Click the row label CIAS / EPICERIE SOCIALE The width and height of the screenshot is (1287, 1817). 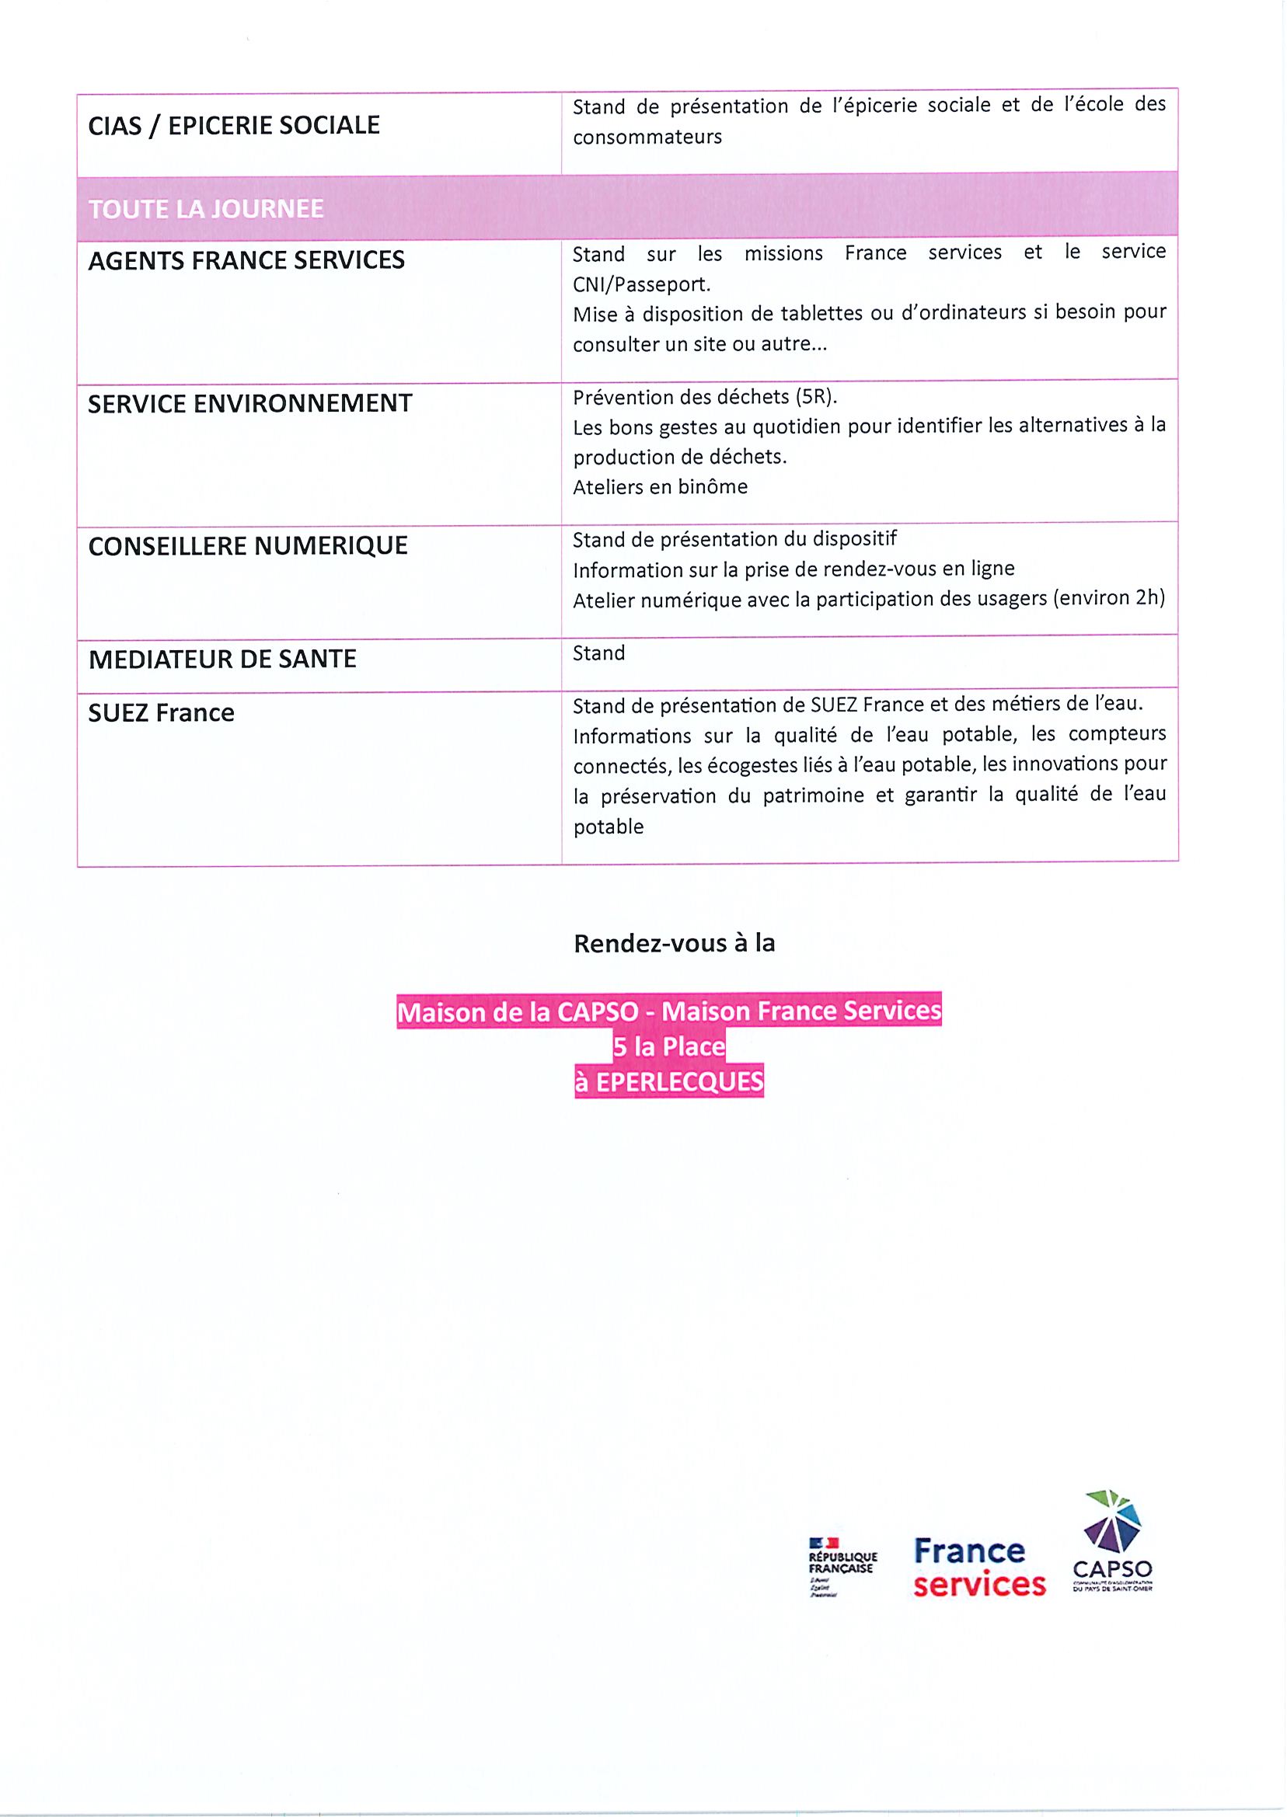point(234,125)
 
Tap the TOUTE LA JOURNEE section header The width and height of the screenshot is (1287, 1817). point(206,209)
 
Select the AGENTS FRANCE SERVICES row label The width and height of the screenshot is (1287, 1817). point(246,260)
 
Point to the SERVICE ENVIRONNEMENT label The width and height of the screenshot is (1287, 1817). point(249,404)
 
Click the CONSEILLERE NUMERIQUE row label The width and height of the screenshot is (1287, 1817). point(247,546)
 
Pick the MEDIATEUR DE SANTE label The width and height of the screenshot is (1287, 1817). point(222,659)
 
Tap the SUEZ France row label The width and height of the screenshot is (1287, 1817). point(161,713)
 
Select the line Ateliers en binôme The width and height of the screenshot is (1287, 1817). point(659,486)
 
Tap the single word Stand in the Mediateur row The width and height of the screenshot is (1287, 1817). point(598,653)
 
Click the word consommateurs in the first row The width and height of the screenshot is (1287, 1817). point(647,137)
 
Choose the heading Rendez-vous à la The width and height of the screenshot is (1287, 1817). point(674,943)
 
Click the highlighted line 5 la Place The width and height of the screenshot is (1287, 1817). point(669,1046)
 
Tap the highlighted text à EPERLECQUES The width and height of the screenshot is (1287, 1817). point(669,1082)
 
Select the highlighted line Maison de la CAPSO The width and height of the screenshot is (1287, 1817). point(669,1011)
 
